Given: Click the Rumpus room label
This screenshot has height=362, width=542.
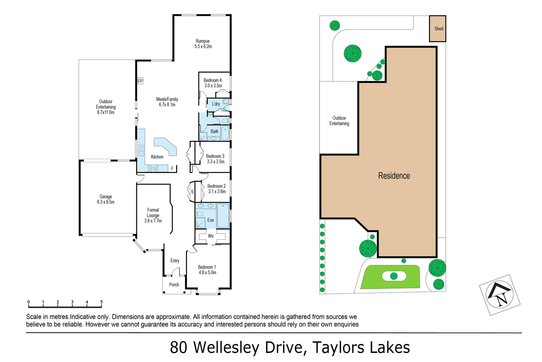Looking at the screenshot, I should [x=202, y=41].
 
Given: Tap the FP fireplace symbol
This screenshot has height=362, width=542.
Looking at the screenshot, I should [x=140, y=81].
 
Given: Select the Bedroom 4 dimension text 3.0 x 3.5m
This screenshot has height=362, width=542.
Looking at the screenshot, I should [x=213, y=86].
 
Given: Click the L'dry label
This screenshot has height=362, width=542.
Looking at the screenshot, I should [x=216, y=104].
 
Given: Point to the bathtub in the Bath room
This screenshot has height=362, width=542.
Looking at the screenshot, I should [x=225, y=133].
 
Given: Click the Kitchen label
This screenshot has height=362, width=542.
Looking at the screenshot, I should [x=157, y=157].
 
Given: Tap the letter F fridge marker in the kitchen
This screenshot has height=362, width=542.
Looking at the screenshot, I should [x=172, y=169].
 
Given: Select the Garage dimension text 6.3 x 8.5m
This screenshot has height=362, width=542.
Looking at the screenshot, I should [x=106, y=202].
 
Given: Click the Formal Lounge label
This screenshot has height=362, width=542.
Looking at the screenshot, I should [x=153, y=213].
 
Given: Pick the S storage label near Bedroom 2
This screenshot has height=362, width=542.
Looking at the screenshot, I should [x=192, y=192].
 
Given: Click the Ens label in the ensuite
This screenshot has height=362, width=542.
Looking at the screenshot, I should [x=210, y=220].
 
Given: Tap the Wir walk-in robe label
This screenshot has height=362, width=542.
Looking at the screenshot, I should [x=211, y=236].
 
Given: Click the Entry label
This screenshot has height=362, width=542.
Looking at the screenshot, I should [x=175, y=261].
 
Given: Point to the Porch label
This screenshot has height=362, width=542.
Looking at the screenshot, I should [x=174, y=285].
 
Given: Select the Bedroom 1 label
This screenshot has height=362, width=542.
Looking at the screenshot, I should [x=207, y=267].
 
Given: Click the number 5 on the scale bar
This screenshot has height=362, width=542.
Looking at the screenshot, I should [x=101, y=302].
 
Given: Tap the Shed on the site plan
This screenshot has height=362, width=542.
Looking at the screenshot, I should [x=438, y=28].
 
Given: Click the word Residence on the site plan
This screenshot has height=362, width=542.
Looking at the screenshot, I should [x=394, y=176].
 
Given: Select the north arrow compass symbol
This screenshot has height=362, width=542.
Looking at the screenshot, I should [x=499, y=295].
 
